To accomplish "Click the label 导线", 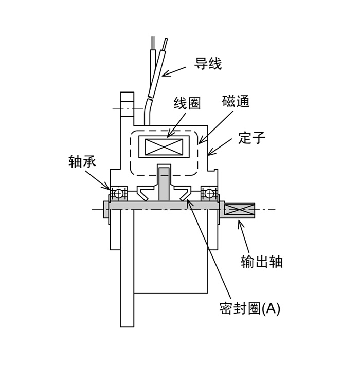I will point(208,64).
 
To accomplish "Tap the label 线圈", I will point(187,103).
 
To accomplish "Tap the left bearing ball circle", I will point(118,193).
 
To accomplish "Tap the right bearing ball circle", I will point(209,193).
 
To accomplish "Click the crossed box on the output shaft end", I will point(240,210).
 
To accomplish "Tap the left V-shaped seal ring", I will point(146,193).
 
